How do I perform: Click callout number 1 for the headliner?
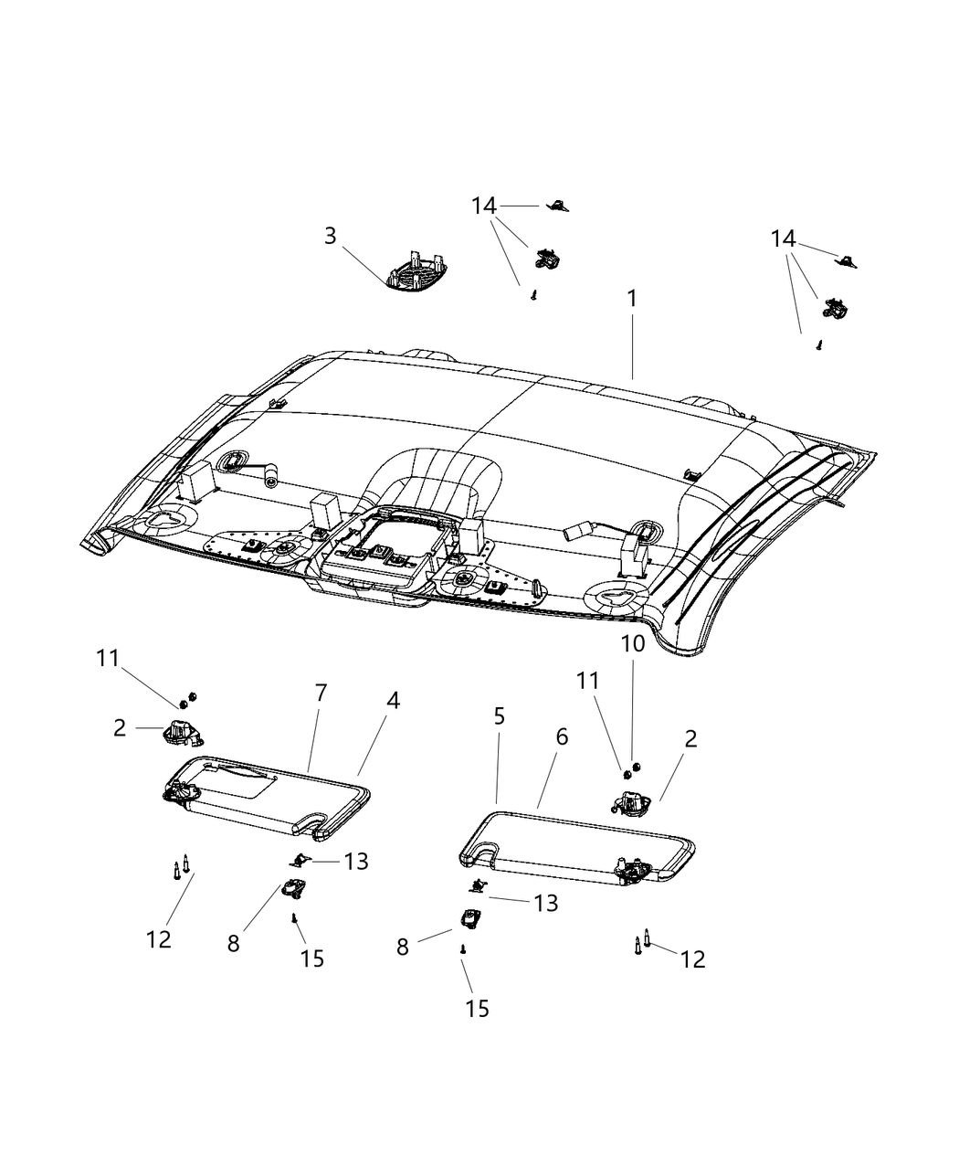tap(631, 299)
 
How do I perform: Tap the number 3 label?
tap(330, 237)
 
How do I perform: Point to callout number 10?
tap(632, 643)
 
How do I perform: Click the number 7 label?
tap(321, 694)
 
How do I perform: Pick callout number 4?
tap(393, 701)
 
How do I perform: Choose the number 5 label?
tap(499, 716)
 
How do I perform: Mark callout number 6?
tap(562, 736)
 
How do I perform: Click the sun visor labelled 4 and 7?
tap(265, 795)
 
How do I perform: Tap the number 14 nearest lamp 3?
tap(484, 207)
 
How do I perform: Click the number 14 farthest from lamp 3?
tap(783, 239)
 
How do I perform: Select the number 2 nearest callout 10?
tap(690, 739)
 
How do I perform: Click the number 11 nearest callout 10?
tap(587, 681)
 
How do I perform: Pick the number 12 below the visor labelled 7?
tap(159, 938)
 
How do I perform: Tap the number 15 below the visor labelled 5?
tap(477, 1008)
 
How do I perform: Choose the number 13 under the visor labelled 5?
tap(546, 903)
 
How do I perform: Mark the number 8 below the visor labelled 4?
tap(234, 944)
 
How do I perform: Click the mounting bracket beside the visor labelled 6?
tap(628, 804)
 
